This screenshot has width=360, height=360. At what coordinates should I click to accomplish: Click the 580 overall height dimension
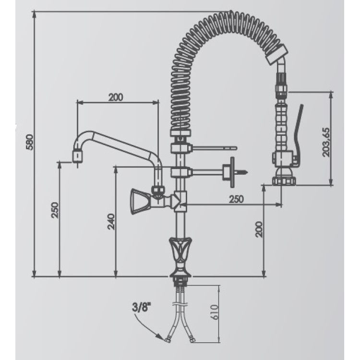[x=30, y=142]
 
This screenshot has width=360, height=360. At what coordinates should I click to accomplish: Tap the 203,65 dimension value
[x=326, y=143]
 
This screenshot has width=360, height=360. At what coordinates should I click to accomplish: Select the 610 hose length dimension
[x=214, y=312]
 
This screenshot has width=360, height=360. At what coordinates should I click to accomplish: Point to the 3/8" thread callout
[x=142, y=307]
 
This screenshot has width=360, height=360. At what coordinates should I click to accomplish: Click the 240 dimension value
[x=111, y=222]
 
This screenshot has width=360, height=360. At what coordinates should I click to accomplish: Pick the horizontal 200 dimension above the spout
[x=116, y=97]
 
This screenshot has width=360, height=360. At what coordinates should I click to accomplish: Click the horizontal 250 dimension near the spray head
[x=237, y=199]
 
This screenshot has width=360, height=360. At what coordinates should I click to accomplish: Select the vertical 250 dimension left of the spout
[x=55, y=210]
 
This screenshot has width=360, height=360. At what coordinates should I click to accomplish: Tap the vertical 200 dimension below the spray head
[x=259, y=229]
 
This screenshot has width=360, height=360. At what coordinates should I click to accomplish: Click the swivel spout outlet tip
[x=78, y=156]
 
